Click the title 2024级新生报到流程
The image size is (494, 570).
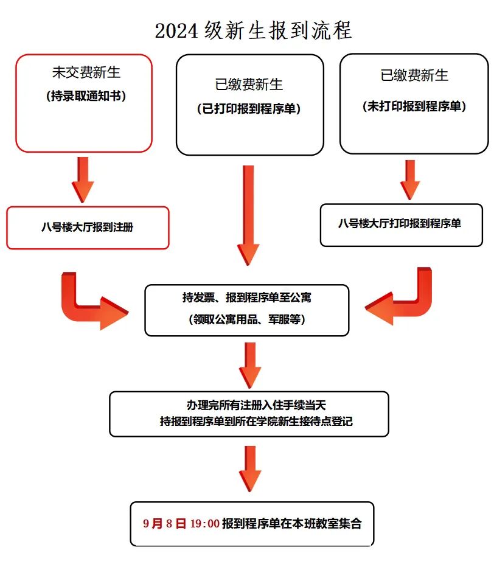pyautogui.click(x=253, y=30)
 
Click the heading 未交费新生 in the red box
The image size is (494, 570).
pyautogui.click(x=86, y=72)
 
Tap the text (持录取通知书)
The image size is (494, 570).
pyautogui.click(x=86, y=96)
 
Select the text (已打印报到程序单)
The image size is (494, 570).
pyautogui.click(x=249, y=109)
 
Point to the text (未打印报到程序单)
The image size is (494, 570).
pyautogui.click(x=414, y=106)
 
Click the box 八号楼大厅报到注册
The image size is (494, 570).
pyautogui.click(x=88, y=228)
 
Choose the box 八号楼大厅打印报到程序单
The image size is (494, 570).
pyautogui.click(x=400, y=224)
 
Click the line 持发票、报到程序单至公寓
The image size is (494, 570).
pyautogui.click(x=247, y=298)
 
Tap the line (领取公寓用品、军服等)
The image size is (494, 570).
pyautogui.click(x=247, y=319)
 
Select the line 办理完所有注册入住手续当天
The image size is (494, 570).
pyautogui.click(x=249, y=405)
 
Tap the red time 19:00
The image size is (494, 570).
pyautogui.click(x=204, y=523)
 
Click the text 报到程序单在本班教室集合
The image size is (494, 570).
pyautogui.click(x=291, y=523)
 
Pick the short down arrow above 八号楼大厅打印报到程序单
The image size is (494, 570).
pyautogui.click(x=410, y=180)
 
